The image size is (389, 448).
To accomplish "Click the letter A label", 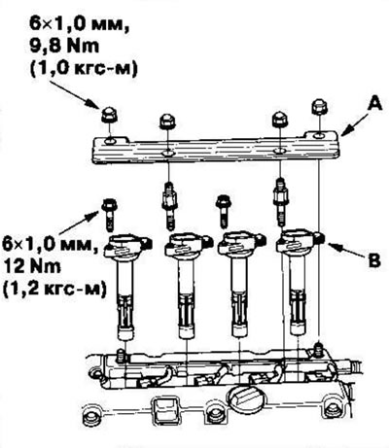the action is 374,104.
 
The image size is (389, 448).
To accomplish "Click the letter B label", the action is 374,260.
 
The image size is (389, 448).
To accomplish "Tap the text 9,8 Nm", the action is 64,47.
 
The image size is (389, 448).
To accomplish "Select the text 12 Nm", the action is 32,267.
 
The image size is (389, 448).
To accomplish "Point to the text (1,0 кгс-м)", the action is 84,69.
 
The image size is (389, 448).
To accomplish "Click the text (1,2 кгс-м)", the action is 54,289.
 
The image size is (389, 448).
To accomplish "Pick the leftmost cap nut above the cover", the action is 109,115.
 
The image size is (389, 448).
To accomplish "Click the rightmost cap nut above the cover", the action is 320,107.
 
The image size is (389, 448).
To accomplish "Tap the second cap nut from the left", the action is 167,121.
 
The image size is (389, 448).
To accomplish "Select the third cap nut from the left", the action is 279,119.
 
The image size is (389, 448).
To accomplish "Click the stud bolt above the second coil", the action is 168,206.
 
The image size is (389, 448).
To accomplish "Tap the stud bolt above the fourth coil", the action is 280,202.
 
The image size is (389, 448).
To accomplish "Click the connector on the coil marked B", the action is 320,239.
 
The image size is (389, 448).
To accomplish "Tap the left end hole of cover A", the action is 110,141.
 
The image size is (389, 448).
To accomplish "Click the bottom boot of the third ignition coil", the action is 240,328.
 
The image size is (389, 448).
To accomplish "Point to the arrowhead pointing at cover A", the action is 346,131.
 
